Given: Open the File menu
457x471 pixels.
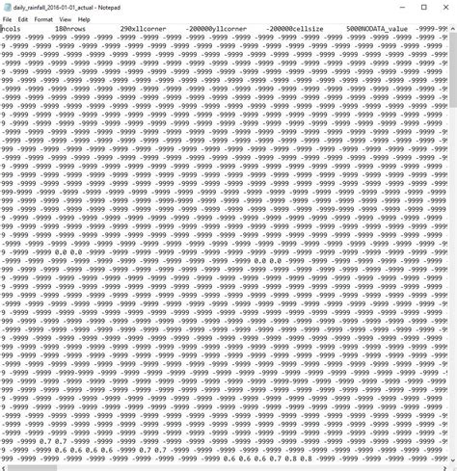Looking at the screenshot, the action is pos(7,19).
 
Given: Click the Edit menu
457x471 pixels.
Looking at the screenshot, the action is pos(22,19).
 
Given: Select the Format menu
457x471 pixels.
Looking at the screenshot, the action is pos(43,19).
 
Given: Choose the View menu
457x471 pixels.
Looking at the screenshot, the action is pos(65,19).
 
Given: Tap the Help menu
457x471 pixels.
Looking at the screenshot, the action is pos(84,19).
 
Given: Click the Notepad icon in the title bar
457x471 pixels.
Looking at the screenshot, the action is pos(6,7).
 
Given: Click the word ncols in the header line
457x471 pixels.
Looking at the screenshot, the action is pos(13,30).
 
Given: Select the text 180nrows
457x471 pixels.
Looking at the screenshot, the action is pos(72,30).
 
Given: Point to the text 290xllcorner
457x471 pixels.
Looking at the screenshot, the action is pos(141,30).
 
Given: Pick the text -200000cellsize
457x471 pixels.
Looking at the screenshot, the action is pos(294,30).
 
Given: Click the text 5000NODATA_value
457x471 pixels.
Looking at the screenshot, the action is pos(378,30).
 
